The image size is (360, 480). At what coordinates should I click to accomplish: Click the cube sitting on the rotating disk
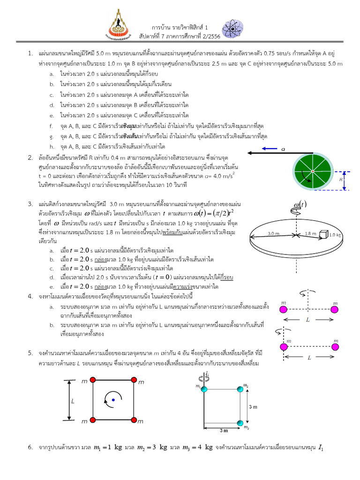(323, 233)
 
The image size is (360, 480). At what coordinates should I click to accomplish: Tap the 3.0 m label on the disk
(274, 232)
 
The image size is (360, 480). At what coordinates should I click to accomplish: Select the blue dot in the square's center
(113, 399)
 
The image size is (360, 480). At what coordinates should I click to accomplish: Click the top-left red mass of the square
(93, 380)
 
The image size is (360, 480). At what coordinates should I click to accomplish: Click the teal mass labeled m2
(240, 389)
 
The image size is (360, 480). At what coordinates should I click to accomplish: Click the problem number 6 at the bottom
(29, 448)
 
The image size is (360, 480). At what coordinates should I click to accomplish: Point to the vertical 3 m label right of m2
(253, 406)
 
